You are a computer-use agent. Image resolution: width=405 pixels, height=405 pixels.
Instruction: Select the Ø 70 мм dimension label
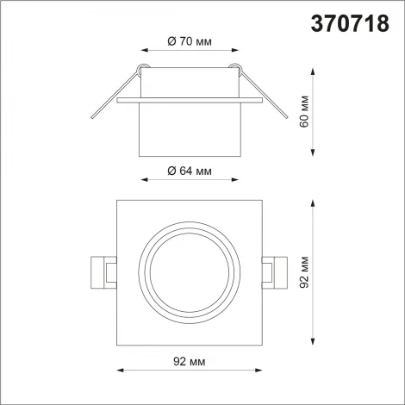[188, 40]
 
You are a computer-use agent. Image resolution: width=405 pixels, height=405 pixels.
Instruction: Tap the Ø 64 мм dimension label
[188, 172]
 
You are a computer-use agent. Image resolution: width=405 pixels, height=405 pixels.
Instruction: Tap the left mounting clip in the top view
[103, 272]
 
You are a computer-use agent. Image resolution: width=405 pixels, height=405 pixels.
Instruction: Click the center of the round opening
[188, 272]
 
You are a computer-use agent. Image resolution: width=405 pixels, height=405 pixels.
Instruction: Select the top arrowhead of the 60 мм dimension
[312, 67]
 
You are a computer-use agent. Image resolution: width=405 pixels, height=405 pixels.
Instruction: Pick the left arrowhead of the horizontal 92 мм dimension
[119, 370]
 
